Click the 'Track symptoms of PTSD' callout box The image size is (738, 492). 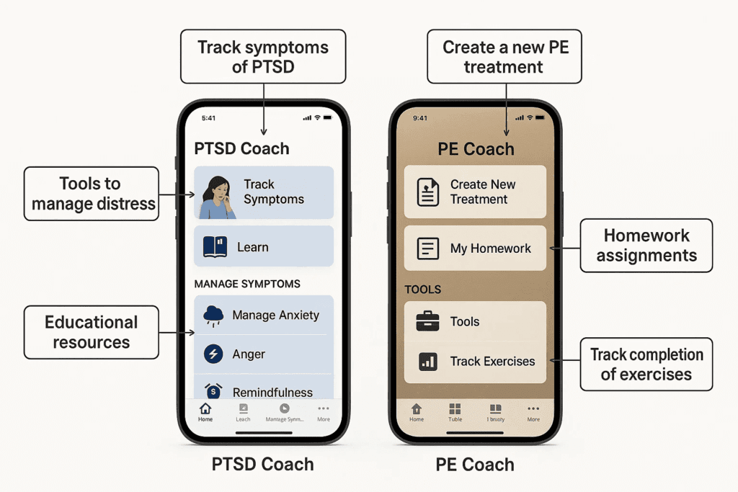pos(263,57)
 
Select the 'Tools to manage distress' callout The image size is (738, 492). pos(92,194)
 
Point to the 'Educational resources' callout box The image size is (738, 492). pos(91,332)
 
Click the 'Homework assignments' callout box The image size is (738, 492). pos(646,245)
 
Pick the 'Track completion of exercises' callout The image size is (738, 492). pos(646,364)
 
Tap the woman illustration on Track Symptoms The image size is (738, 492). pos(216,197)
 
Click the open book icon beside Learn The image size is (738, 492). pos(215,247)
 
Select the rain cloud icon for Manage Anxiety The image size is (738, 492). pos(213,315)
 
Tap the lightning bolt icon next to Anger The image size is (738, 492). pos(213,354)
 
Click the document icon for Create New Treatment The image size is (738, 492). pos(428,192)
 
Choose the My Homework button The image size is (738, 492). pos(475,249)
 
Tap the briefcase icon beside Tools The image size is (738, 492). pos(428,321)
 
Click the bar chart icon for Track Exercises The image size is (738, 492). pos(428,361)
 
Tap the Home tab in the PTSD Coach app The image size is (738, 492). pos(205,412)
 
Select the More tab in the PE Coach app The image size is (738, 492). pos(533,412)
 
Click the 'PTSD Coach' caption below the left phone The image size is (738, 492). pos(262,465)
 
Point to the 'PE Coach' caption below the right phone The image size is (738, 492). pos(475,465)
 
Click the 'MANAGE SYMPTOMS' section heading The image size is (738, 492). pos(247,284)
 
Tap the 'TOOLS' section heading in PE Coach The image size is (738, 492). pos(423,290)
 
